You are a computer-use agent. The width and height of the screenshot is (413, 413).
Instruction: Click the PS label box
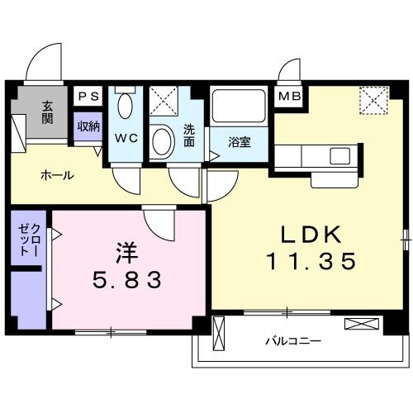[88, 96]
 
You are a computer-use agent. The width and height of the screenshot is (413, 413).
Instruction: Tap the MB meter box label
[289, 96]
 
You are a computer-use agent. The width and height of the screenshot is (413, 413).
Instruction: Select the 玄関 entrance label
[47, 112]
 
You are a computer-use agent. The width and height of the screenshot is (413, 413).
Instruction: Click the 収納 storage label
[88, 126]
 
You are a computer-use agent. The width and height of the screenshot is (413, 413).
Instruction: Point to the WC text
[126, 138]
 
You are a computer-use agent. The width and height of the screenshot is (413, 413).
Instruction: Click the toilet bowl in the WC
[125, 106]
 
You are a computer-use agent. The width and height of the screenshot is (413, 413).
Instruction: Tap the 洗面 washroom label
[189, 135]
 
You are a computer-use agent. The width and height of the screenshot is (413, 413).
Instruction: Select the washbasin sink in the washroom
[164, 141]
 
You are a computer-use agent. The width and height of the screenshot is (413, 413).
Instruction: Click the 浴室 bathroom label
[239, 142]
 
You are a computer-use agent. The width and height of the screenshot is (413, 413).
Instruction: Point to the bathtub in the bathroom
[239, 106]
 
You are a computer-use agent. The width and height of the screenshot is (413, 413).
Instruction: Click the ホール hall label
[57, 175]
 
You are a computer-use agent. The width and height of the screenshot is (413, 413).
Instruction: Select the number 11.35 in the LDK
[311, 260]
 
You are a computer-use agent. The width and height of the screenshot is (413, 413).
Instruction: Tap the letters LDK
[311, 235]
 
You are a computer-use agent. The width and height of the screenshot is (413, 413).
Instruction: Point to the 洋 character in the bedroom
[126, 252]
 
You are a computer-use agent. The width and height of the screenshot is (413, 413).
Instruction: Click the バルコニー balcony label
[293, 341]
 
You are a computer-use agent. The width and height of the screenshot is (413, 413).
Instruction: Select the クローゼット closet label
[29, 240]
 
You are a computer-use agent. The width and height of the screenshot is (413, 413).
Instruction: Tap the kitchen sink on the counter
[340, 156]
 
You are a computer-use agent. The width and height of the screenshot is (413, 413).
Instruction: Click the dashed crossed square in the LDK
[374, 100]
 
